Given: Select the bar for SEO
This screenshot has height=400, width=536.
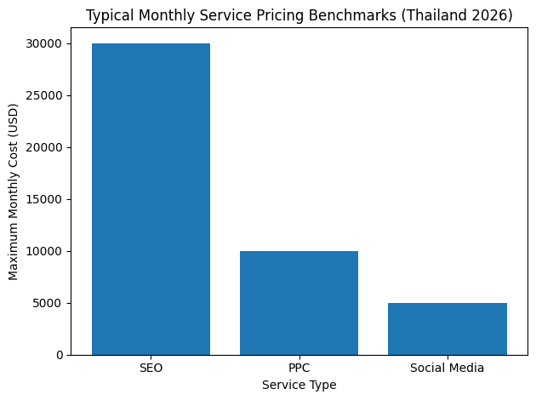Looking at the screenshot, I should (151, 199).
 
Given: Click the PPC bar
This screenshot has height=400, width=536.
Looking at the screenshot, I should (299, 303).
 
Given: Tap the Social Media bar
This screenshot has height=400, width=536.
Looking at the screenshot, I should (447, 329).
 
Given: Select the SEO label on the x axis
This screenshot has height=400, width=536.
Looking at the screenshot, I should (151, 369).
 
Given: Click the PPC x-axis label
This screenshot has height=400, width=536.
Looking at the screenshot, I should (299, 369).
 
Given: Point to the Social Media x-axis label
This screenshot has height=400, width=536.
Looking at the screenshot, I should (447, 369).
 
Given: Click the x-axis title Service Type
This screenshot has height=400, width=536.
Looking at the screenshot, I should (299, 386).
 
